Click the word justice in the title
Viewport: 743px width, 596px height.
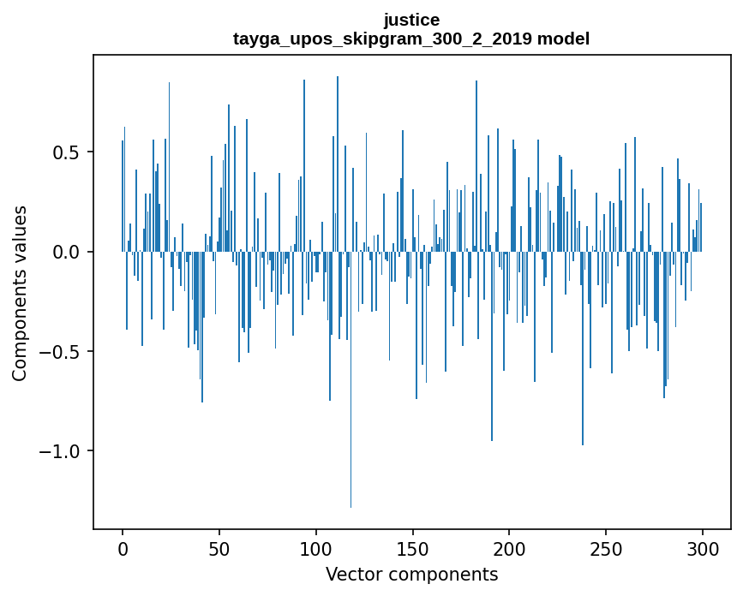[411, 20]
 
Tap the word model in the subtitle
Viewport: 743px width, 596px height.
[563, 39]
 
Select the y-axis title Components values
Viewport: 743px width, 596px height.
[20, 293]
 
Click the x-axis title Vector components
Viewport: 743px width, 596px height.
[411, 574]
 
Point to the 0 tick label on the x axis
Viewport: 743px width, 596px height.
[123, 548]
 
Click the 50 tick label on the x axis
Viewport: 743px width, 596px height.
[219, 548]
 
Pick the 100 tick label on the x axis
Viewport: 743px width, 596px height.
[316, 548]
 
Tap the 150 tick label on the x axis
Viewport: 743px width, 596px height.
[413, 548]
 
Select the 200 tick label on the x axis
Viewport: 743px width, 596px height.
[510, 548]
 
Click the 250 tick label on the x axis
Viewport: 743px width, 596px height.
[607, 548]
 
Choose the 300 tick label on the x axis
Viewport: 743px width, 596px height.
[703, 548]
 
